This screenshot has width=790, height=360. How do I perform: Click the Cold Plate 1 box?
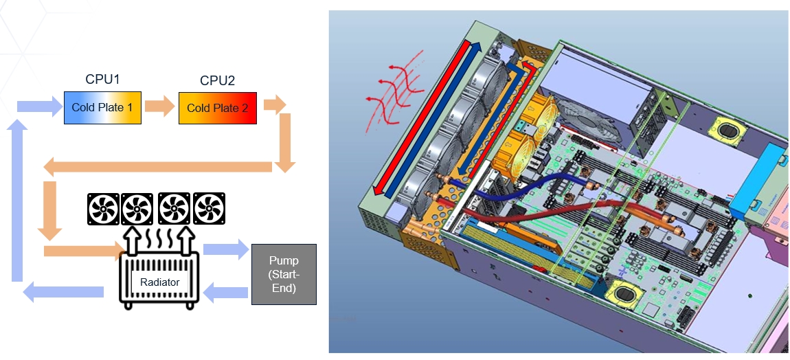[x=102, y=107]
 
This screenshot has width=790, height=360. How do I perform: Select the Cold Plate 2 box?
[x=217, y=108]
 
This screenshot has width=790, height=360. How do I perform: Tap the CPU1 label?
[x=102, y=79]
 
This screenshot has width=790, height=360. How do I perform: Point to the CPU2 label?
[x=217, y=80]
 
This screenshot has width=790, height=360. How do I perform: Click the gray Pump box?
[x=284, y=273]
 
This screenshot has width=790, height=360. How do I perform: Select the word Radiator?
[x=159, y=282]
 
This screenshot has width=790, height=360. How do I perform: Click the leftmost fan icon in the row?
[x=104, y=209]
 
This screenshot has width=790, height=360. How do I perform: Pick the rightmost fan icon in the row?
[x=210, y=209]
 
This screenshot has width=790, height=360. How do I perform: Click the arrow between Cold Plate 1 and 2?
[x=159, y=108]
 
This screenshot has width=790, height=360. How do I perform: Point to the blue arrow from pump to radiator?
[x=226, y=293]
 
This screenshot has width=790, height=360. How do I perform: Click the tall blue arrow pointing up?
[x=19, y=199]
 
